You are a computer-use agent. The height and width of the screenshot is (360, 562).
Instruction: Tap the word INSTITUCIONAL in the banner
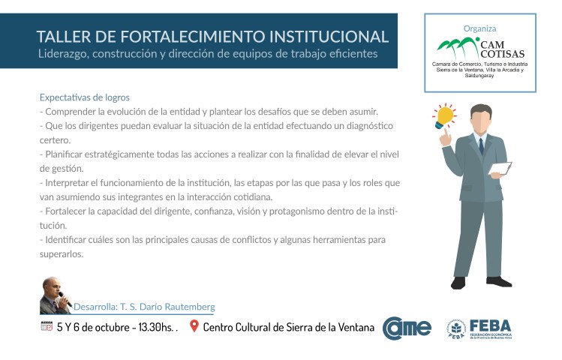[329, 37]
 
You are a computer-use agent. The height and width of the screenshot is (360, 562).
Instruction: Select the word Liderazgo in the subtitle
[62, 54]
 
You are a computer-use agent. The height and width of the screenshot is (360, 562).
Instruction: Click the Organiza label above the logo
[479, 28]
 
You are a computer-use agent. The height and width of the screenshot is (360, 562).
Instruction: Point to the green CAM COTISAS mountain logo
[458, 46]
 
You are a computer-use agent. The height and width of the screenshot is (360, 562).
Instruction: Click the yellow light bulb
[444, 116]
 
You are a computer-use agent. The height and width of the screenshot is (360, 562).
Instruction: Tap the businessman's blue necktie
[481, 145]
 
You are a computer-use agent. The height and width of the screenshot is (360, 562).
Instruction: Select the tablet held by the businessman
[500, 168]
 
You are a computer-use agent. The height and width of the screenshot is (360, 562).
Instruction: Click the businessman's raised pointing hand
[445, 138]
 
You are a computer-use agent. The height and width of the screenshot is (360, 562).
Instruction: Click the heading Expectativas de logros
[85, 97]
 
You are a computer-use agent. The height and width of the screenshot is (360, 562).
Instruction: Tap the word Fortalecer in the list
[65, 211]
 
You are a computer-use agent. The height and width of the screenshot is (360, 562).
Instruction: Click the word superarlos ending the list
[62, 254]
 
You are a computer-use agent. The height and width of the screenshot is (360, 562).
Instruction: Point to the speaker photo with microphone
[56, 296]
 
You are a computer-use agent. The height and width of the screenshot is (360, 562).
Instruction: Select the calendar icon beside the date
[47, 326]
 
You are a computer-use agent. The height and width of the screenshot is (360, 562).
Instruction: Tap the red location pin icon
[194, 326]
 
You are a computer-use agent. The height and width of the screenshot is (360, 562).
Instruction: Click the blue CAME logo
[407, 328]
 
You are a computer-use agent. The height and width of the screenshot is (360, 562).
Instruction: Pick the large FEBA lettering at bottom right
[490, 326]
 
